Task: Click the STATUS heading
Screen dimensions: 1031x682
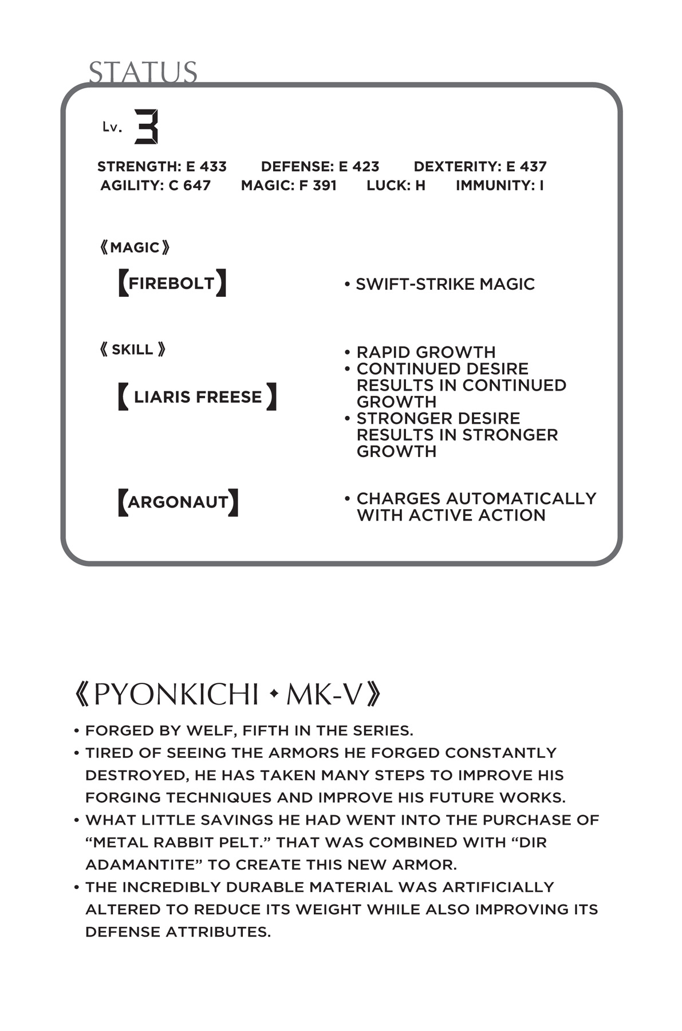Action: coord(143,73)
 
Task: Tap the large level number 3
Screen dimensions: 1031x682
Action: coord(146,127)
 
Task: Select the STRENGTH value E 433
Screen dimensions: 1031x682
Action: coord(206,167)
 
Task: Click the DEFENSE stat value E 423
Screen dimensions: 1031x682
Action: coord(359,167)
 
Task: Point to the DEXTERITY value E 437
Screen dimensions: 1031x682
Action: coord(526,167)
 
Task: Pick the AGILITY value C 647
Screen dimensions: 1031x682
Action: coord(190,186)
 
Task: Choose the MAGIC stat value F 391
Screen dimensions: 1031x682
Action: coord(318,186)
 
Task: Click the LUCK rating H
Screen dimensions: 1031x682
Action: coord(420,186)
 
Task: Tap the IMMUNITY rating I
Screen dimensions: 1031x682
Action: coord(541,186)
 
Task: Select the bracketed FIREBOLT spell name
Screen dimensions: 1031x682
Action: coord(171,283)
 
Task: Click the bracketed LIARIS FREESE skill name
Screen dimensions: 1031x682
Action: coord(198,397)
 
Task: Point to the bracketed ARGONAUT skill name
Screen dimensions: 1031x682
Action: coord(178,502)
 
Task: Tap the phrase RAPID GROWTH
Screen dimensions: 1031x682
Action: coord(425,352)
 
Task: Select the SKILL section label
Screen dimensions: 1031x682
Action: coord(132,349)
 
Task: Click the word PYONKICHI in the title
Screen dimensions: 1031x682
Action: coord(176,695)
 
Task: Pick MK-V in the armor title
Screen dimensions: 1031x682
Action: coord(325,695)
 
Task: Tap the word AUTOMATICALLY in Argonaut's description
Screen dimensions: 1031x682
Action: coord(525,499)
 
